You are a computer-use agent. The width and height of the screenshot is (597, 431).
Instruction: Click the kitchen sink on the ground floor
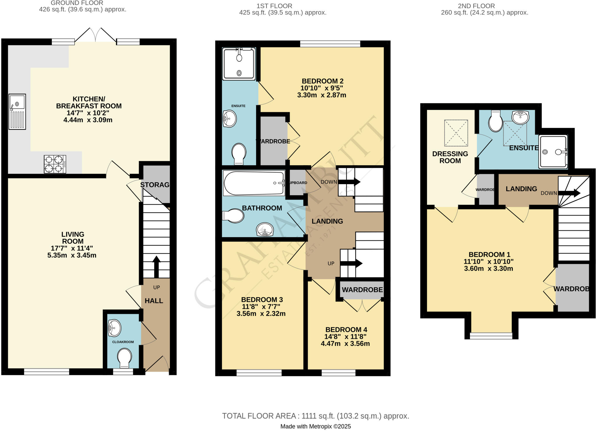[x=17, y=111]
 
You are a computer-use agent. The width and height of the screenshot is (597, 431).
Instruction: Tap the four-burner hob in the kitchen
[x=55, y=164]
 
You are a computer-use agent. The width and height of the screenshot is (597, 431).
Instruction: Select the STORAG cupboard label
[x=155, y=185]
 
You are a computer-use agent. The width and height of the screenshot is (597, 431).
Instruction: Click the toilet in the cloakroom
[x=124, y=358]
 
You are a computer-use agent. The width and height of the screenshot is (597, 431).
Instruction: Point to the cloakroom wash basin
[x=115, y=328]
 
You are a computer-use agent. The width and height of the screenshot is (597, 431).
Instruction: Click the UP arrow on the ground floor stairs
[x=157, y=266]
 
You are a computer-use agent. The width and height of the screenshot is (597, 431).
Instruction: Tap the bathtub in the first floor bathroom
[x=254, y=183]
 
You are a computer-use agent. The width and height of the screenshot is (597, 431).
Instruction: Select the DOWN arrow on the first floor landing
[x=349, y=182]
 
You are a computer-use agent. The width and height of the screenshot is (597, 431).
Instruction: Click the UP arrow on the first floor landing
[x=351, y=263]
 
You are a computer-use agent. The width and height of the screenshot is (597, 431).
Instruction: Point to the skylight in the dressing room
[x=456, y=133]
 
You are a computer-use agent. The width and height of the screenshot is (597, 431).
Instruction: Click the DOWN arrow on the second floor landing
[x=569, y=193]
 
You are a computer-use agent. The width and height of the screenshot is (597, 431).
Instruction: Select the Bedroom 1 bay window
[x=491, y=336]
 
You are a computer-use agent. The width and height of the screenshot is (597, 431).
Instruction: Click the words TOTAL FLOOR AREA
[x=259, y=416]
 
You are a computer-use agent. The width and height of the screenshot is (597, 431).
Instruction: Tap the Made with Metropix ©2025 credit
[x=315, y=426]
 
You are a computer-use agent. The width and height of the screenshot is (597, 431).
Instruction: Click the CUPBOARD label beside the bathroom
[x=298, y=183]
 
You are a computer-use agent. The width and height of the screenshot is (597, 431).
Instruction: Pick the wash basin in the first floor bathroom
[x=265, y=230]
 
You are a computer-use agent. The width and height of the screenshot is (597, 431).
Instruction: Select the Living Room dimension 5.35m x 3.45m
[x=72, y=255]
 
